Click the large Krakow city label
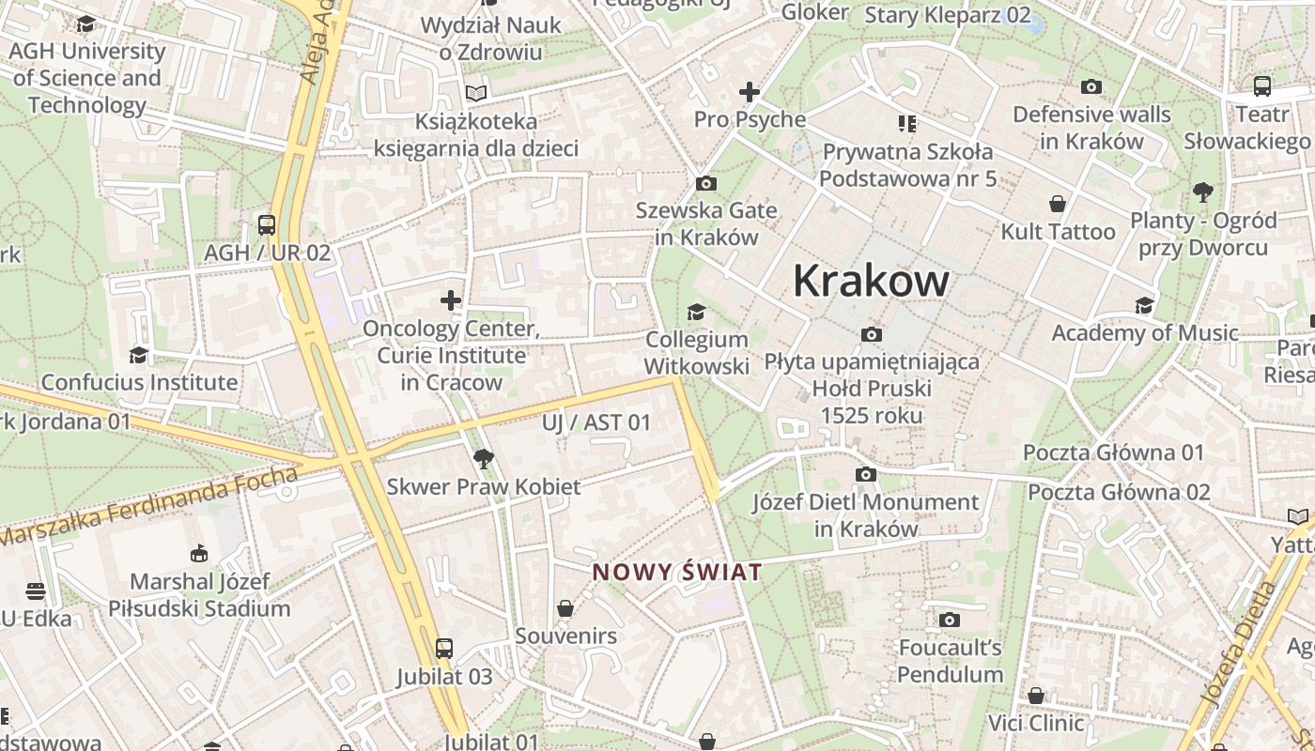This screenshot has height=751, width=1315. (871, 281)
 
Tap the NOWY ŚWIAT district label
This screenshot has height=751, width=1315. (676, 572)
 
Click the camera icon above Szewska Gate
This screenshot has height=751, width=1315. (705, 183)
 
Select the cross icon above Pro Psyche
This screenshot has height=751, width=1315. (749, 92)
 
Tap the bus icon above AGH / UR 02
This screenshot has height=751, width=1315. (267, 225)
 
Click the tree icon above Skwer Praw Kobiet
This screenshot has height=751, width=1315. (483, 459)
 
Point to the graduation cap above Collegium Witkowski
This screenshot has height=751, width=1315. (696, 312)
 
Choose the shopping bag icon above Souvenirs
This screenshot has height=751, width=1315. (565, 609)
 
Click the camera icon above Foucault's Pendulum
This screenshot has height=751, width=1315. (950, 620)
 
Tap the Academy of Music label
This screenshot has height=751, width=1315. (1144, 332)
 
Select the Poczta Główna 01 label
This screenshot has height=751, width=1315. (1113, 452)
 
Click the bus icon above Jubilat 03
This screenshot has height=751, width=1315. (443, 649)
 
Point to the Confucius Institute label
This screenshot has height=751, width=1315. (139, 382)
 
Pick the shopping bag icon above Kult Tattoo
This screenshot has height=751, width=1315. (1058, 204)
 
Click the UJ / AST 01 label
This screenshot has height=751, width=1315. (596, 422)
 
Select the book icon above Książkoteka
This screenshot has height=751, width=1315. (477, 93)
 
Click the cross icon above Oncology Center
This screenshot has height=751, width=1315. (451, 300)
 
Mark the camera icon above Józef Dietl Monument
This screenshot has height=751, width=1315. (866, 475)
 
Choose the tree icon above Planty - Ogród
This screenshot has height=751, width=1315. (1203, 192)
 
